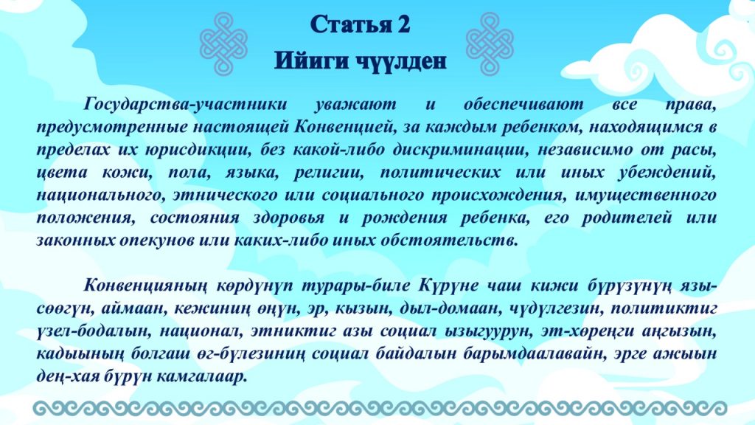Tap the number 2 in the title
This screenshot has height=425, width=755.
[403, 24]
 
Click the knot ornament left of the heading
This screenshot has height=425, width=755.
[223, 44]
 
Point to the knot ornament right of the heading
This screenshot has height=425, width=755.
[490, 44]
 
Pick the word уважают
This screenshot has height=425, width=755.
[356, 104]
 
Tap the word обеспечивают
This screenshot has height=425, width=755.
[523, 104]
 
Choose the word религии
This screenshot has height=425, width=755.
[328, 173]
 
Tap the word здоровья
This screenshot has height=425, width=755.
[288, 218]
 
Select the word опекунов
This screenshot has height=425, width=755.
[157, 241]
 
